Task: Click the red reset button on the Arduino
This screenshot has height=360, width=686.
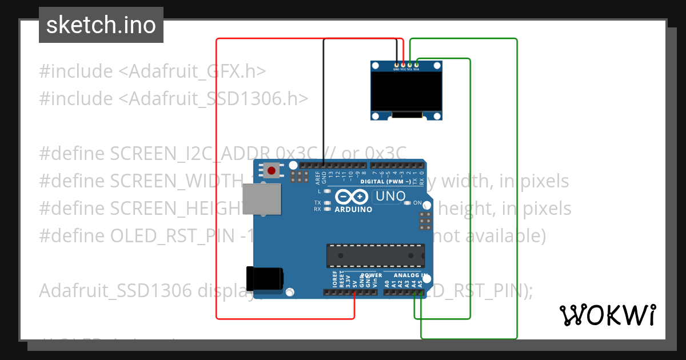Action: [272, 170]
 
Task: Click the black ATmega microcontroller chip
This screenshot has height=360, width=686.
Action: [375, 255]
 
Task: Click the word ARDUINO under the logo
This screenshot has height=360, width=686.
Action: [353, 209]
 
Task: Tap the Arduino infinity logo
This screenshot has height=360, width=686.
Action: [351, 197]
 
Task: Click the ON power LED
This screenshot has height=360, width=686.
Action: [408, 203]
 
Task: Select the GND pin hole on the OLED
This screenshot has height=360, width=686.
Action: [397, 65]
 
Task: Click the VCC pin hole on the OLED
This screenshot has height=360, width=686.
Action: [403, 65]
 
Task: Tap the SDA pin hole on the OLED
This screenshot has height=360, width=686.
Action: [416, 65]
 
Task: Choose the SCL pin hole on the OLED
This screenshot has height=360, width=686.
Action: [409, 65]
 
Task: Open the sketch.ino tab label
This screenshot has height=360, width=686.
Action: [101, 25]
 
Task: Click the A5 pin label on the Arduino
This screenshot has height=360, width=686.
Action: [421, 283]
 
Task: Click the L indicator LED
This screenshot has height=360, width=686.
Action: [328, 191]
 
